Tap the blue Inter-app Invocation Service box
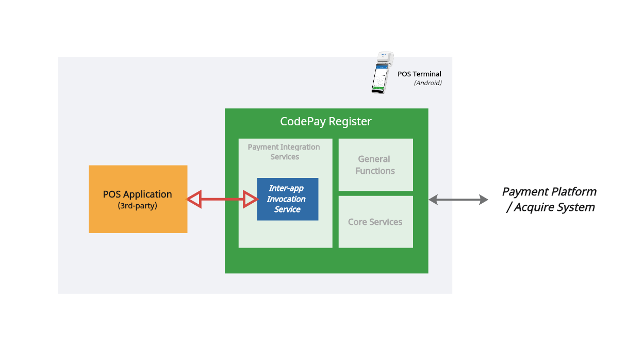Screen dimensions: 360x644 pyautogui.click(x=287, y=199)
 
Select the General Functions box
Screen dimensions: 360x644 pyautogui.click(x=375, y=165)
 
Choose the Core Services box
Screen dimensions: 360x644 pyautogui.click(x=375, y=222)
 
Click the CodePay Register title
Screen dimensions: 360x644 pyautogui.click(x=326, y=122)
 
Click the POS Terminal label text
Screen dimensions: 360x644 pyautogui.click(x=419, y=74)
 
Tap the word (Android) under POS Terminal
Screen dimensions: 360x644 pyautogui.click(x=428, y=83)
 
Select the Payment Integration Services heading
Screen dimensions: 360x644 pyautogui.click(x=284, y=152)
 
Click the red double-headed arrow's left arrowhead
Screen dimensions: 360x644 pyautogui.click(x=194, y=199)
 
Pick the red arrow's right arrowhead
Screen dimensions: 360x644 pyautogui.click(x=251, y=199)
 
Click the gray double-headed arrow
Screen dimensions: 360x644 pyautogui.click(x=458, y=199)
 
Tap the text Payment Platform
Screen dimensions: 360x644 pyautogui.click(x=549, y=192)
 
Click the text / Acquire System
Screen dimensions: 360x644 pyautogui.click(x=551, y=207)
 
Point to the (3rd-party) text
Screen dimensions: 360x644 pyautogui.click(x=138, y=205)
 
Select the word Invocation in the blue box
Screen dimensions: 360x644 pyautogui.click(x=286, y=199)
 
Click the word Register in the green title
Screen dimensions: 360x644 pyautogui.click(x=350, y=122)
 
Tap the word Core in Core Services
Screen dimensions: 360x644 pyautogui.click(x=358, y=222)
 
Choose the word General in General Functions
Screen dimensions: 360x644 pyautogui.click(x=374, y=159)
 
